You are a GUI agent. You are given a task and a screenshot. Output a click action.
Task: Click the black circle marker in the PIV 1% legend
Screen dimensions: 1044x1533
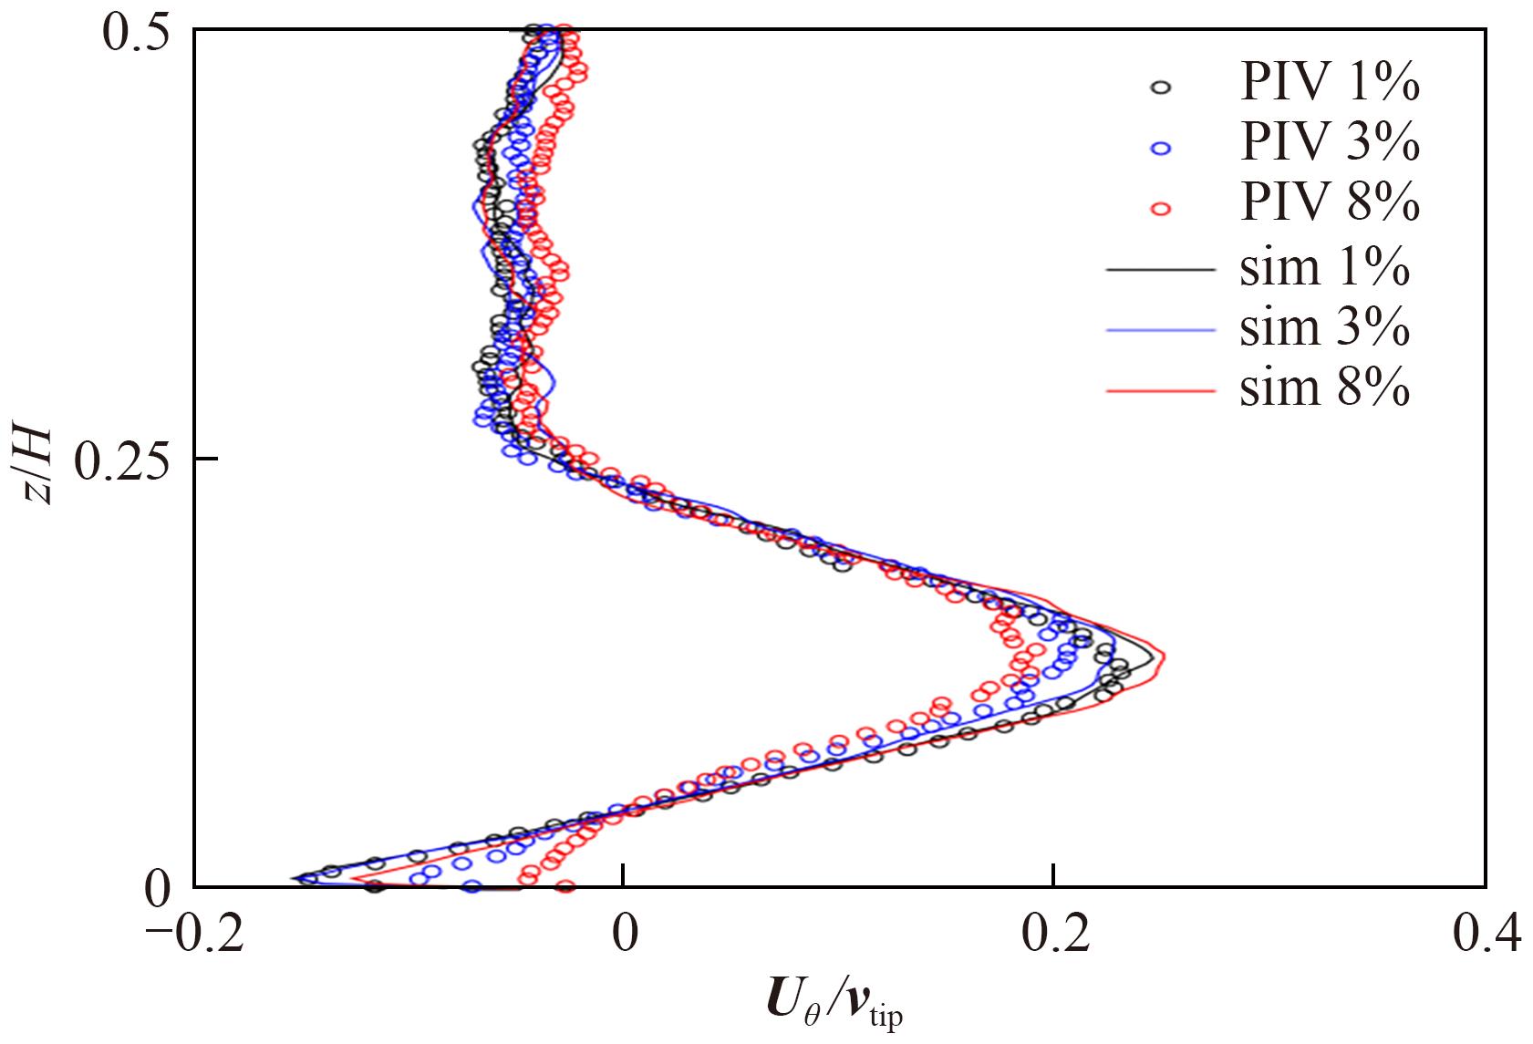(x=1161, y=88)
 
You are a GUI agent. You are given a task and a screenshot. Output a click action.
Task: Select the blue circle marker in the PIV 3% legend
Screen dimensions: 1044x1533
(x=1161, y=149)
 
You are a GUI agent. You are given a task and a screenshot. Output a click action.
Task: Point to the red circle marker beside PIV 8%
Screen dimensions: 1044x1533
(x=1161, y=209)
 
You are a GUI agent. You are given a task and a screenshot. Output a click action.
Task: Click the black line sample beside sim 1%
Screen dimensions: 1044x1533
(x=1161, y=270)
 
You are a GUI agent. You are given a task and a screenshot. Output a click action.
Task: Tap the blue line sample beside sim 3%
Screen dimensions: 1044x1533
(x=1161, y=330)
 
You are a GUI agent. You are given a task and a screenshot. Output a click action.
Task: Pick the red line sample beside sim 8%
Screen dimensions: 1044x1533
(x=1161, y=391)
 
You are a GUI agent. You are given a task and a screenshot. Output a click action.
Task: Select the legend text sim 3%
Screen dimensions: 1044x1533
(x=1324, y=328)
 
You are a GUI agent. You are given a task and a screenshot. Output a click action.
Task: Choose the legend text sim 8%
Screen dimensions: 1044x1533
(x=1324, y=389)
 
